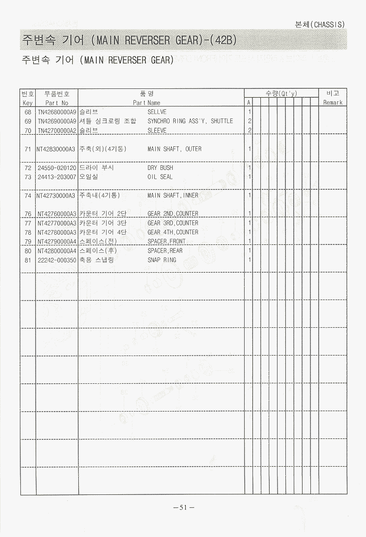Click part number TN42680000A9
coord(57,112)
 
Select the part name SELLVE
coord(157,112)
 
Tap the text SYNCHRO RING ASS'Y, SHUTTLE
coord(190,121)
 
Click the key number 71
coord(28,149)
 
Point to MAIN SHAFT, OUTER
coord(174,149)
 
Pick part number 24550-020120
coord(57,168)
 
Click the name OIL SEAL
coord(160,177)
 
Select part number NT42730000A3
coord(57,195)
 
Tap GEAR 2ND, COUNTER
coord(173,214)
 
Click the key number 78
coord(28,232)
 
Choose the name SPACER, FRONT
coord(166,242)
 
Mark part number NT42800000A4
coord(57,251)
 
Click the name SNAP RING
coord(162,260)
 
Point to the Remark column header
coord(333,103)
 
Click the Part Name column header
coord(146,103)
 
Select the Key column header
coord(28,103)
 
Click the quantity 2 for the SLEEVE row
coord(249,131)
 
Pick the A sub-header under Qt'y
coord(249,103)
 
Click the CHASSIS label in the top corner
coord(328,25)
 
